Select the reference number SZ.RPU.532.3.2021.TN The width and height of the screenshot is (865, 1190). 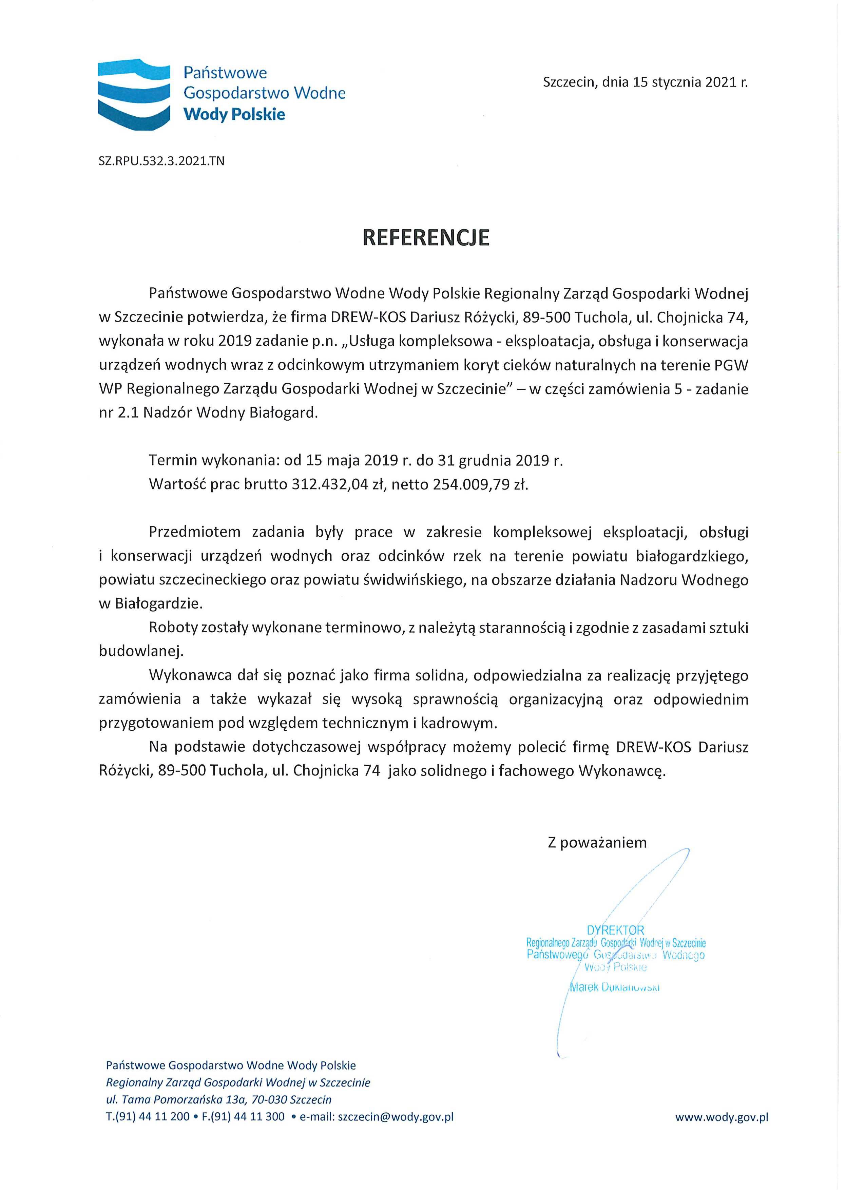[x=161, y=161]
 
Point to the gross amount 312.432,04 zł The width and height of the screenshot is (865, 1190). [x=331, y=484]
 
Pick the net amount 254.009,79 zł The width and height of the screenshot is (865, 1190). [x=479, y=484]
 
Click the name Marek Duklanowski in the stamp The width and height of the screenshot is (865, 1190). [x=614, y=987]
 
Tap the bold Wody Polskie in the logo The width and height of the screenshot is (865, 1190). [x=234, y=114]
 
